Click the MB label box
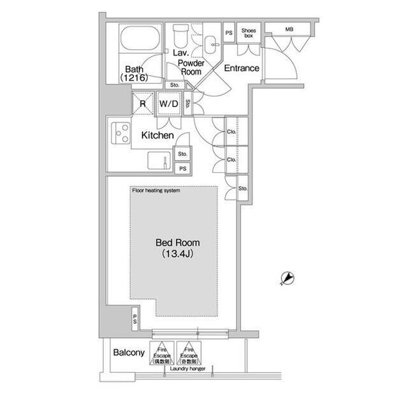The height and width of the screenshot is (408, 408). (x=289, y=29)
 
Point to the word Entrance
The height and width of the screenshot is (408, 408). (x=242, y=68)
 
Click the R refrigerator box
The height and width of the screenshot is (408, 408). (x=143, y=103)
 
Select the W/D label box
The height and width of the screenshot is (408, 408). (x=168, y=103)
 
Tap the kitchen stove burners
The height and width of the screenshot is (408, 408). (x=119, y=133)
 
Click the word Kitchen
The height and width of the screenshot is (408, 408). (x=157, y=136)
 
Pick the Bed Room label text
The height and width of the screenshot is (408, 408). (x=178, y=243)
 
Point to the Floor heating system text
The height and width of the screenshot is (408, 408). (x=156, y=191)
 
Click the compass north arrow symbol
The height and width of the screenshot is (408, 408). (x=288, y=278)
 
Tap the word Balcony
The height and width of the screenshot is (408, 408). (x=129, y=353)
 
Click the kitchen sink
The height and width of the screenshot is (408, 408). (x=159, y=159)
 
